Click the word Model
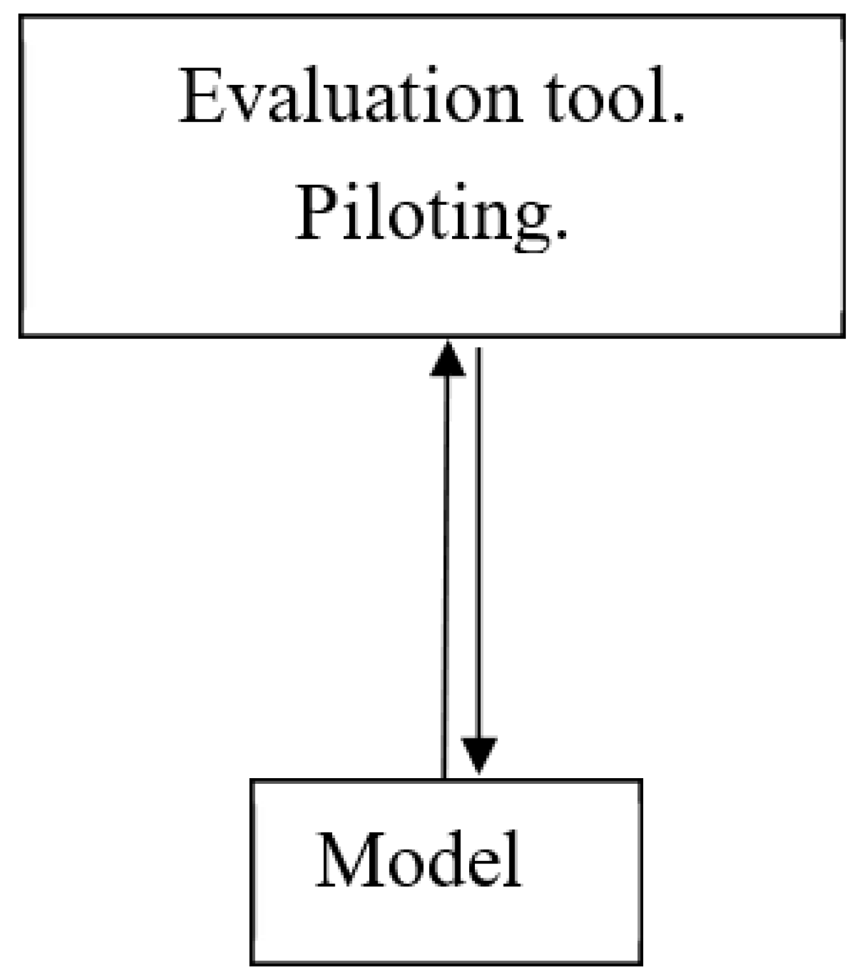pos(419,860)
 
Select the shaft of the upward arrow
pos(445,574)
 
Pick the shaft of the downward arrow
pos(478,542)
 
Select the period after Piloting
pos(561,235)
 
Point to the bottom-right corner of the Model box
pos(640,963)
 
